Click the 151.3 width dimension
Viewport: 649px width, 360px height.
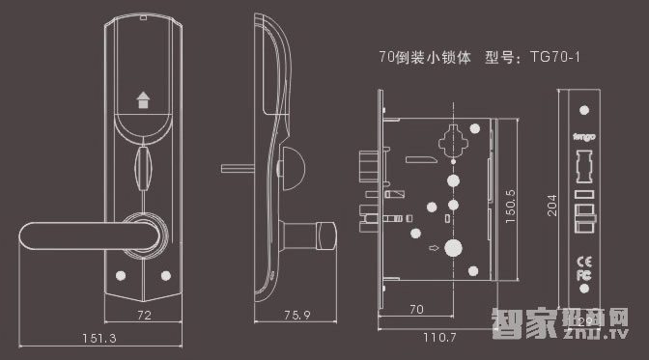point(99,339)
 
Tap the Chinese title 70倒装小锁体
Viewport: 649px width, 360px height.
point(425,57)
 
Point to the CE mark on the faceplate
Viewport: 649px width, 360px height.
point(583,260)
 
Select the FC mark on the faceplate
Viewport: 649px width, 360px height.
point(583,275)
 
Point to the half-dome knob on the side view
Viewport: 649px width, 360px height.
point(291,166)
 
